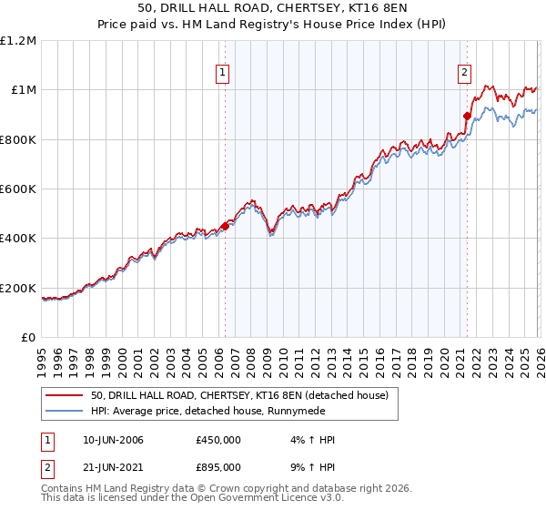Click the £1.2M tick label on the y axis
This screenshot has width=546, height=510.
18,41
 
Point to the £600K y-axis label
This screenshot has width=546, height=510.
18,189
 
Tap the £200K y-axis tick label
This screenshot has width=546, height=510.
18,289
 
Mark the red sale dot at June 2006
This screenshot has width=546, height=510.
225,227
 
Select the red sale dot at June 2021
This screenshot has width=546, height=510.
467,117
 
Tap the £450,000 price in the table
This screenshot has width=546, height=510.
218,441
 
